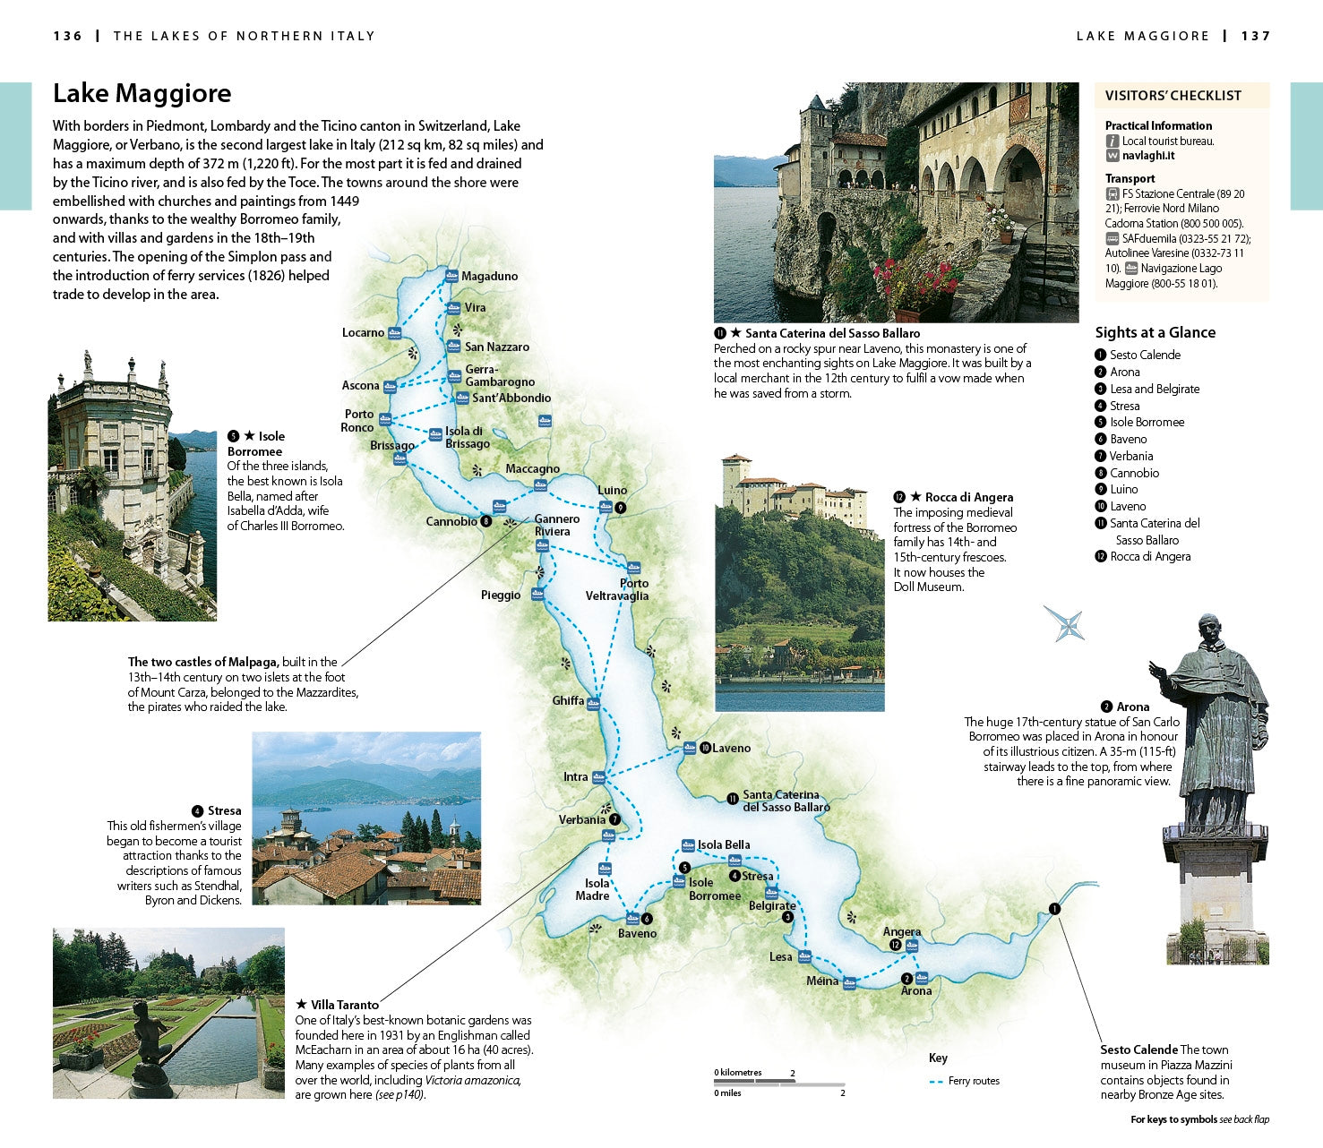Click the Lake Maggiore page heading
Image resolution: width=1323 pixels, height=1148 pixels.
[x=142, y=93]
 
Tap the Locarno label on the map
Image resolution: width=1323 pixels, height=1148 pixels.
[x=363, y=332]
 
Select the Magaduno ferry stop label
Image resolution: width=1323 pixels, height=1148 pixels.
[x=489, y=276]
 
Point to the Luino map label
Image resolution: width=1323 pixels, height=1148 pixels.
[x=612, y=490]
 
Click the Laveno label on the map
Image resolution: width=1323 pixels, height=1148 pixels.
[x=731, y=748]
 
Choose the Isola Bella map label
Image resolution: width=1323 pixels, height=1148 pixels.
[x=724, y=844]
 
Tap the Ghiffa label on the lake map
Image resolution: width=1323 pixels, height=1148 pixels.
[x=568, y=700]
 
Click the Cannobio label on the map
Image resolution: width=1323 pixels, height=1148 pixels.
[x=451, y=521]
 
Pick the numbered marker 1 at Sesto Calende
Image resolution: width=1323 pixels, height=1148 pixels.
[x=1054, y=909]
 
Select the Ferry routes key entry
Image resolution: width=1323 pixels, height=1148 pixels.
[x=973, y=1081]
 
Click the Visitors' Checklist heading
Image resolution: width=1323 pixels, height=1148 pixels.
[x=1173, y=96]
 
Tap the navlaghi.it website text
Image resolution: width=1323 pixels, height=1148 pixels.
[x=1148, y=156]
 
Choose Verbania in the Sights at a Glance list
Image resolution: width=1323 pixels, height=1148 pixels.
[x=1130, y=456]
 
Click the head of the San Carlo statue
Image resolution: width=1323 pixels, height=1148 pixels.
[x=1210, y=630]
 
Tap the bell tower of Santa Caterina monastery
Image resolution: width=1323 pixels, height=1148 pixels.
[x=815, y=134]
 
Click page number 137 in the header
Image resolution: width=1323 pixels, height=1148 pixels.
[x=1256, y=36]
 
